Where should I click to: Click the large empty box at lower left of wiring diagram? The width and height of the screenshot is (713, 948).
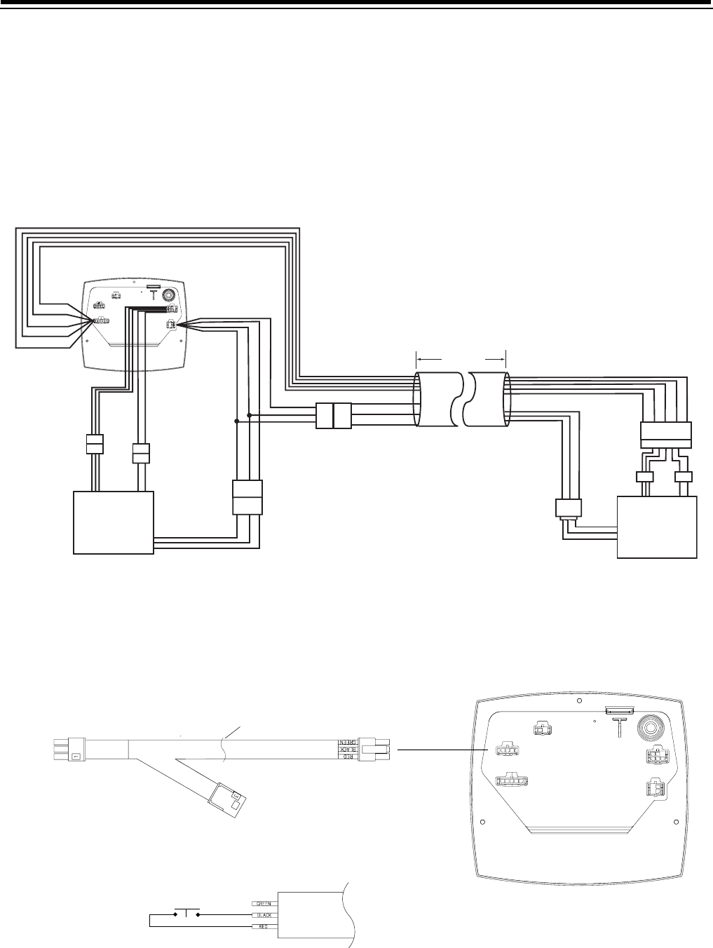click(x=114, y=522)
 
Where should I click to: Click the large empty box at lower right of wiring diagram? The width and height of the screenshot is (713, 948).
click(x=656, y=527)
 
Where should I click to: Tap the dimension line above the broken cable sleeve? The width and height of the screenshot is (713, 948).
click(x=461, y=359)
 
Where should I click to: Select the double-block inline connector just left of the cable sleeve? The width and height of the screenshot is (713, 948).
click(x=334, y=416)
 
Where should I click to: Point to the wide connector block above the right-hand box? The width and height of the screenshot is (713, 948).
click(x=666, y=435)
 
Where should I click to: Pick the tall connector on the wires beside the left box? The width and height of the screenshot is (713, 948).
click(x=247, y=497)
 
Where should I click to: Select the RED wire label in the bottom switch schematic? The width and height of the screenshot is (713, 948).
click(x=262, y=927)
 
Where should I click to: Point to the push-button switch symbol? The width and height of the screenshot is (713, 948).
click(x=186, y=913)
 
